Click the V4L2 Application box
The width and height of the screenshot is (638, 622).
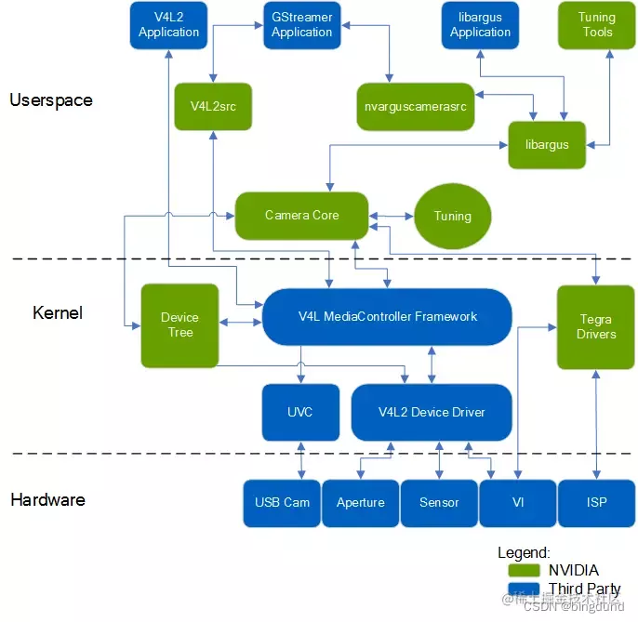[168, 25]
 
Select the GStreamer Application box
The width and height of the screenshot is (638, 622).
[301, 25]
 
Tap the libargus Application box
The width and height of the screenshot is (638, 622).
[480, 25]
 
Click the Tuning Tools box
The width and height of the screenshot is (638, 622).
[597, 25]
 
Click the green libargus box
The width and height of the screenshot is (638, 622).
[546, 144]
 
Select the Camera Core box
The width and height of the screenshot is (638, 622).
[301, 216]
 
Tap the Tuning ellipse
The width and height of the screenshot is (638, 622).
[453, 216]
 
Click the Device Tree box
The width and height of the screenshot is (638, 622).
[179, 325]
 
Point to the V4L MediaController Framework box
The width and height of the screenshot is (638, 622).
[387, 317]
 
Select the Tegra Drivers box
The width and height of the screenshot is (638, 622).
[595, 326]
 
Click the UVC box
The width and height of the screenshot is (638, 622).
[300, 412]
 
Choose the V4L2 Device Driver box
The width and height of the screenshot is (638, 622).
[432, 412]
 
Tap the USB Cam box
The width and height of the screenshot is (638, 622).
[282, 503]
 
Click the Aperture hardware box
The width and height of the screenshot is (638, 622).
[360, 503]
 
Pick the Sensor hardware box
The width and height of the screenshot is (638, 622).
[439, 503]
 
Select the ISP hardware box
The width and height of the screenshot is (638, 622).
[596, 503]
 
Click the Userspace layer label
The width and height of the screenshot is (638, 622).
[51, 100]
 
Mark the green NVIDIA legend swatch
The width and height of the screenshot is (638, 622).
[525, 570]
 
